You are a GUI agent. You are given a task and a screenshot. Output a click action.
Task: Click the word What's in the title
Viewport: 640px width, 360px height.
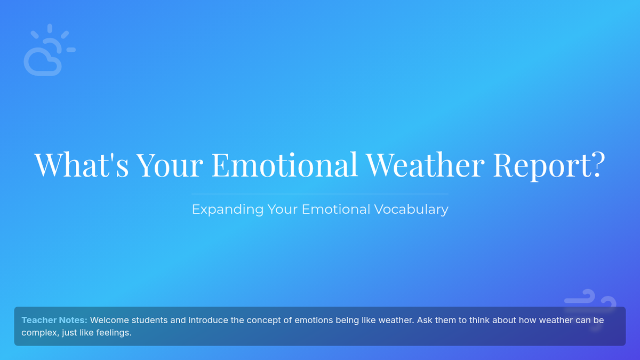pyautogui.click(x=82, y=165)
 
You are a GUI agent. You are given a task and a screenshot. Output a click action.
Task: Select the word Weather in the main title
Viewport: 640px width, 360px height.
pyautogui.click(x=426, y=165)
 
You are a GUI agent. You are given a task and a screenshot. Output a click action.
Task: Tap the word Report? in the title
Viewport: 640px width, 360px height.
pyautogui.click(x=549, y=166)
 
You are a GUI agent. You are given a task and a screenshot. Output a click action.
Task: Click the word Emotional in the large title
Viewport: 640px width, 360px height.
pyautogui.click(x=285, y=165)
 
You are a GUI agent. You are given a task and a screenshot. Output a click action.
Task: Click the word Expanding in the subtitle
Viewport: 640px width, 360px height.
pyautogui.click(x=228, y=210)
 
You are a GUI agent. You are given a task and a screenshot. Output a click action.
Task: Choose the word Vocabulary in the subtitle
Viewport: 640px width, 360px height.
pyautogui.click(x=411, y=210)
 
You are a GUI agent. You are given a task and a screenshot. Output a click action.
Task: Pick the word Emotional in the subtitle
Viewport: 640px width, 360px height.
pyautogui.click(x=336, y=209)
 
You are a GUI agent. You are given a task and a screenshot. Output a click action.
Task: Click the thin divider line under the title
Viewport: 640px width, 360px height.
pyautogui.click(x=319, y=194)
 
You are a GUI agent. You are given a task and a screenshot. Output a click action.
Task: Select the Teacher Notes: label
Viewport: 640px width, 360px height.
pyautogui.click(x=54, y=320)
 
